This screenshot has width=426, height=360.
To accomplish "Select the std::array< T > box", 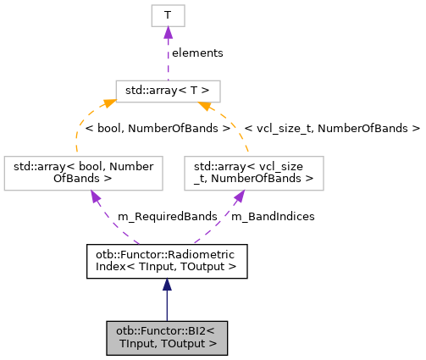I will coord(168,91).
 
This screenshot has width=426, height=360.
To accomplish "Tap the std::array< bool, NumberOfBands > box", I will coord(83,172).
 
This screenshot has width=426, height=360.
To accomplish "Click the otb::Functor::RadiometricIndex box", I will coord(167,261).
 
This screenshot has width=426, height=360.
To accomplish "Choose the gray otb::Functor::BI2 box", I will coord(167,337).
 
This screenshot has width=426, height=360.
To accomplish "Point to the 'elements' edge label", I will coord(196,53).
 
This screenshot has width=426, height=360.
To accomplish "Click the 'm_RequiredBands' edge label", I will coord(156,217).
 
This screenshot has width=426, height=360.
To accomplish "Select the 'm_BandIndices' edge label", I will coord(273,217).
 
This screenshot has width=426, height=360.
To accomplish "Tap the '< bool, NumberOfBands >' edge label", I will coord(158,129).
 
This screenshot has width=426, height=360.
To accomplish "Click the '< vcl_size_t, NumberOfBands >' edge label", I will coord(332,129).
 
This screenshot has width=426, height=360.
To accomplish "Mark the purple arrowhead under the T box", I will coord(168,32).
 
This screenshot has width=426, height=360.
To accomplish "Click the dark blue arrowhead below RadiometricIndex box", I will coord(167,285).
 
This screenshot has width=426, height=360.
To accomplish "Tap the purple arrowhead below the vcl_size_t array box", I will coord(241,197).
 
